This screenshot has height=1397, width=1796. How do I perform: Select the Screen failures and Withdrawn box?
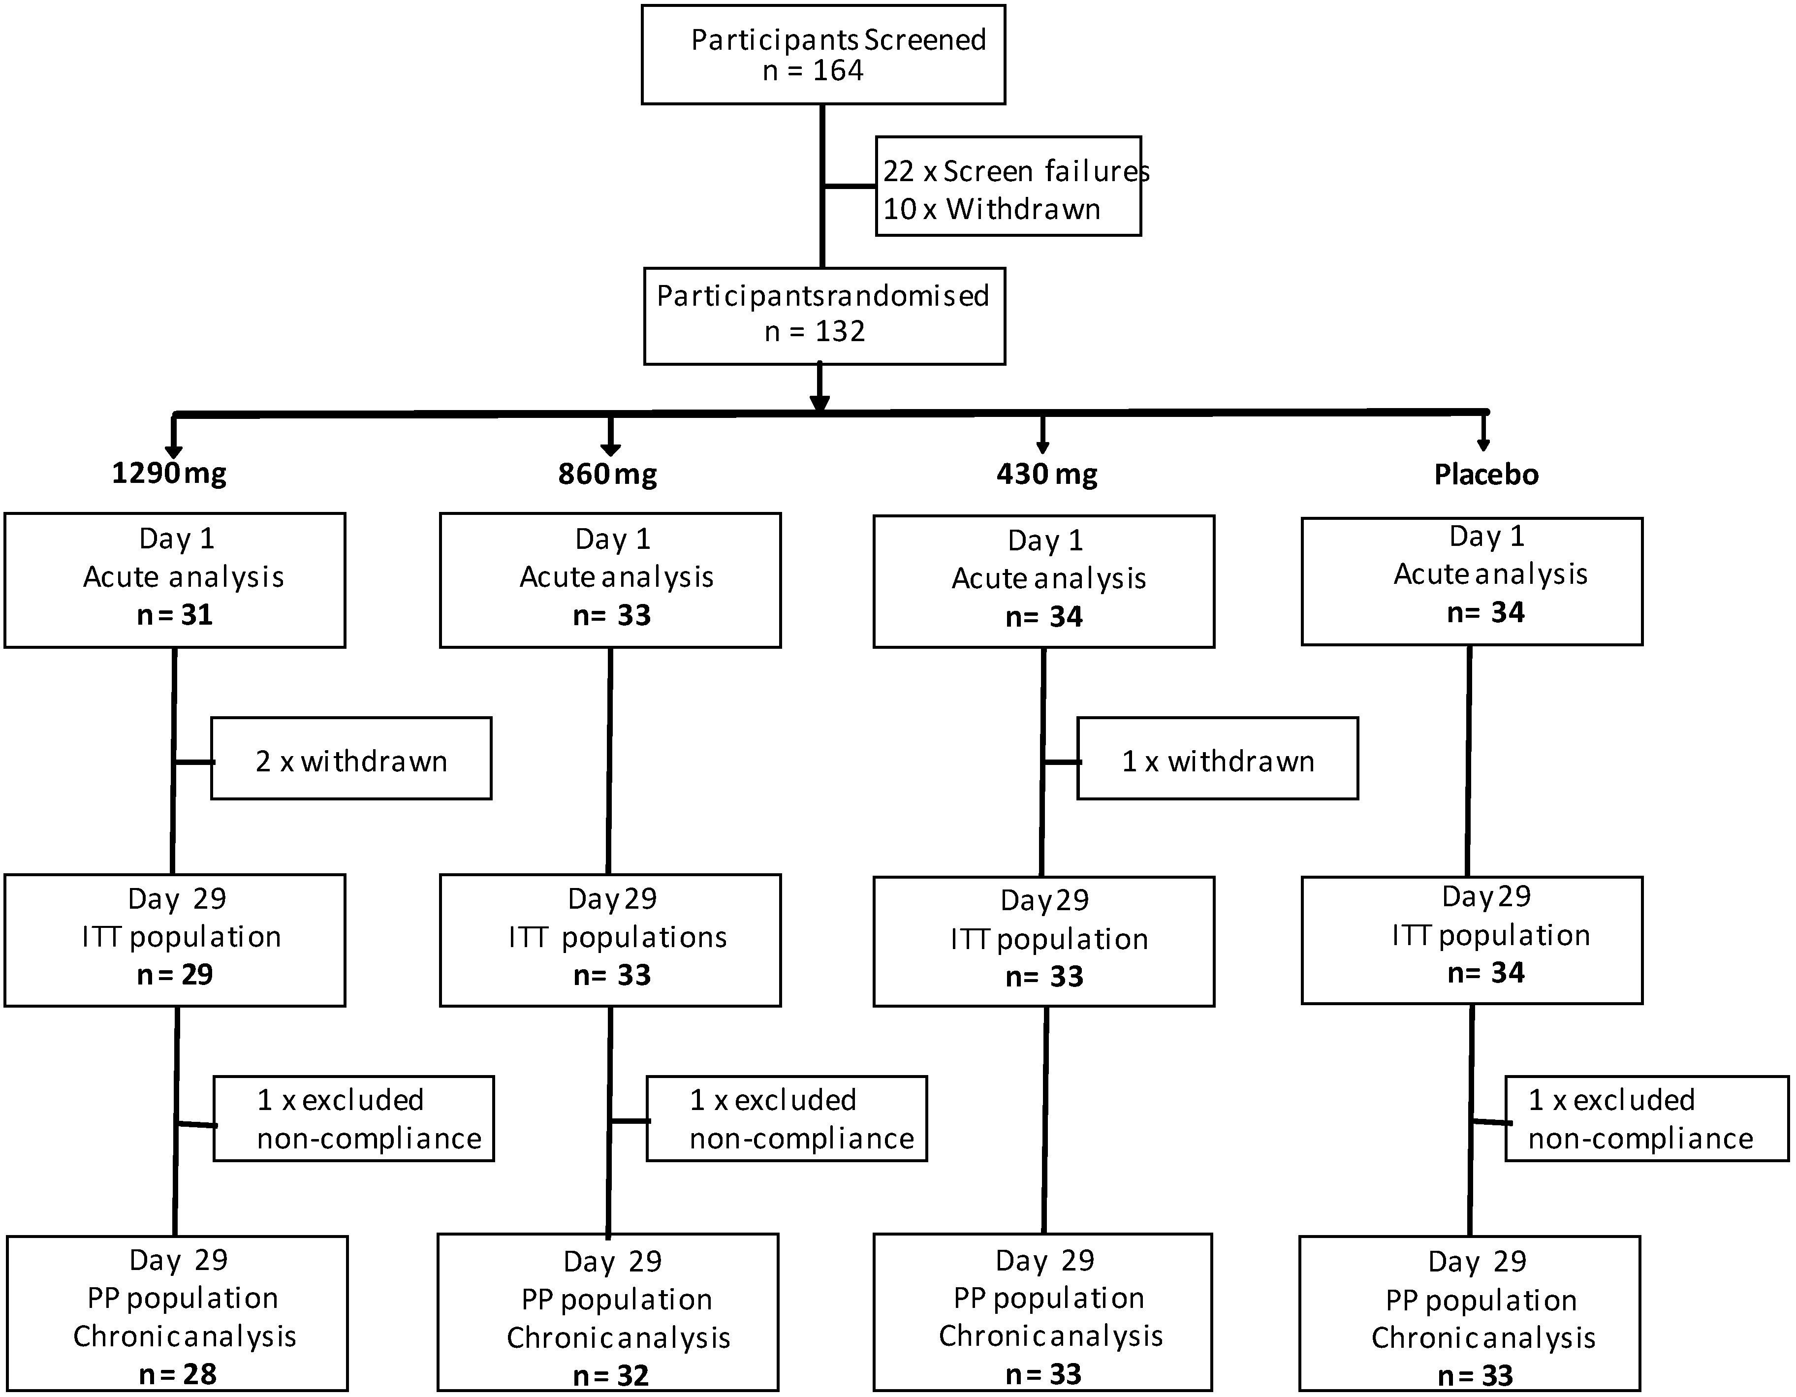pyautogui.click(x=1008, y=187)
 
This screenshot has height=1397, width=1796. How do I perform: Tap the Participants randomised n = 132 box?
pyautogui.click(x=824, y=316)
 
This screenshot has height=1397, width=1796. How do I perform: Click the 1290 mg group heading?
pyautogui.click(x=169, y=474)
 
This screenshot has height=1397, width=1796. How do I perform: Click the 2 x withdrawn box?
pyautogui.click(x=351, y=758)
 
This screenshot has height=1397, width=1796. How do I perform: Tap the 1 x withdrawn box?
pyautogui.click(x=1217, y=758)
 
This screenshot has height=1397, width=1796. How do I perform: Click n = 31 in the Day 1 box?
pyautogui.click(x=175, y=615)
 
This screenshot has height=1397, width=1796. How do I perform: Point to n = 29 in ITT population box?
pyautogui.click(x=175, y=974)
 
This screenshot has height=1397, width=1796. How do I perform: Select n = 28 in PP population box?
pyautogui.click(x=178, y=1374)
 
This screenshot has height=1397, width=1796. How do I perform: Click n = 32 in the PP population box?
pyautogui.click(x=611, y=1375)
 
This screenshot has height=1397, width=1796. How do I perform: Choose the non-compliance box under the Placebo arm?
pyautogui.click(x=1646, y=1118)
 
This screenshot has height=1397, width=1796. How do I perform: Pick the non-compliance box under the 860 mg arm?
pyautogui.click(x=787, y=1118)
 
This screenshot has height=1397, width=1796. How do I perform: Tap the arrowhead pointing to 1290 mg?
pyautogui.click(x=174, y=450)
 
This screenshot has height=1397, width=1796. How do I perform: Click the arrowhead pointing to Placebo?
pyautogui.click(x=1483, y=444)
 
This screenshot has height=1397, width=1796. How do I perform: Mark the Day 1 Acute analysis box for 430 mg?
pyautogui.click(x=1043, y=581)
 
